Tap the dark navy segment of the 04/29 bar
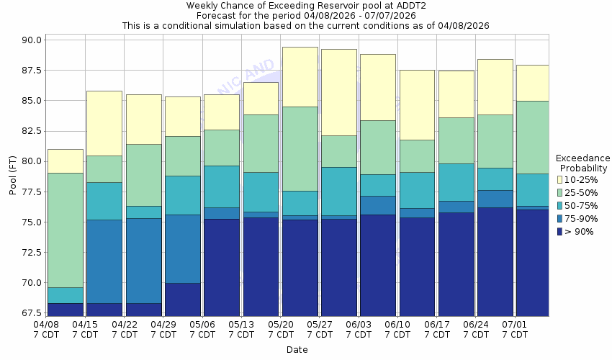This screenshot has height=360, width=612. (x=183, y=300)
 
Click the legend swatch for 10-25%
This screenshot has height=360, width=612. (x=559, y=179)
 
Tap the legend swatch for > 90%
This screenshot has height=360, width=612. (x=559, y=231)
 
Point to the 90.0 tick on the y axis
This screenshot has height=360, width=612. (x=32, y=40)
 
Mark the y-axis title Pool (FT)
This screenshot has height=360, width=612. (x=12, y=176)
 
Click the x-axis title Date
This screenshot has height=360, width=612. (x=297, y=350)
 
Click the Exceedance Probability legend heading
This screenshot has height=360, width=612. (x=583, y=163)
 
